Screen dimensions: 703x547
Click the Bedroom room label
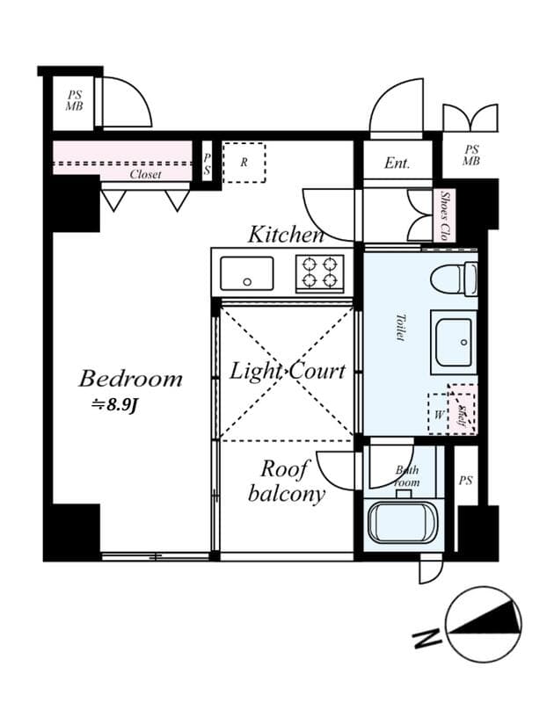point(130,380)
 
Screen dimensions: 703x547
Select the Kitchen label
point(286,235)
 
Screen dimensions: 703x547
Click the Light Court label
point(288,372)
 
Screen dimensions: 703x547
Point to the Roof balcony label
point(287,482)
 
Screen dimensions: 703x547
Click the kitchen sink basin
point(247,272)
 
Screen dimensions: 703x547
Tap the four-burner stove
point(318,272)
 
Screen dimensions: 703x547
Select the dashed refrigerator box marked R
point(244,163)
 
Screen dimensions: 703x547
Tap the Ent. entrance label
point(397,163)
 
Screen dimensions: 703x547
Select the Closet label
point(145,175)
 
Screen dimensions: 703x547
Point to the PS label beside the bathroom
point(465,481)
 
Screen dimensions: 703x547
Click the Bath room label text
point(407,476)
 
